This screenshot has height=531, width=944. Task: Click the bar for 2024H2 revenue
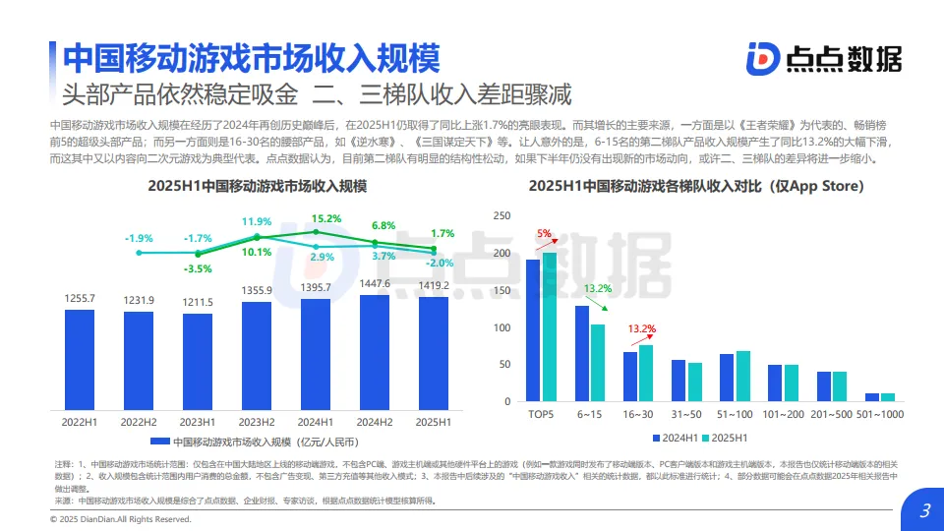coord(375,354)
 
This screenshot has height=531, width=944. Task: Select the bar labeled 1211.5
coord(198,363)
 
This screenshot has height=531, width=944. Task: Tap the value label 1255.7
coord(80,298)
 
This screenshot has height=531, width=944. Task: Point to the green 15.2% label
coord(326,218)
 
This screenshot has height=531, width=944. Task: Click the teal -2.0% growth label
coord(441,263)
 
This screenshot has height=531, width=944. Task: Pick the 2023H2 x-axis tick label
coord(257,422)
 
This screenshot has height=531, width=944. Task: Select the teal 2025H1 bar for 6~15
coord(598,362)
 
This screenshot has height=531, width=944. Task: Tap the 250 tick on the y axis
coord(501,216)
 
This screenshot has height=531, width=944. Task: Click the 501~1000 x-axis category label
coord(879,415)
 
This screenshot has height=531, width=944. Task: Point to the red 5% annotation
coord(544,234)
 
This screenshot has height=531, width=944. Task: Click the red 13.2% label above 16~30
coord(641,328)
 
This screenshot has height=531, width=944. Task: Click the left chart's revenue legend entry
coord(256,442)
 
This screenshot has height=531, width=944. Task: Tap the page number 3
coord(923,510)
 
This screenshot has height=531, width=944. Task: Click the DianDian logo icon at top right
coord(761,59)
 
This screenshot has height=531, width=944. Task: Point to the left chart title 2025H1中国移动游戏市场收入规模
coord(257,186)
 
